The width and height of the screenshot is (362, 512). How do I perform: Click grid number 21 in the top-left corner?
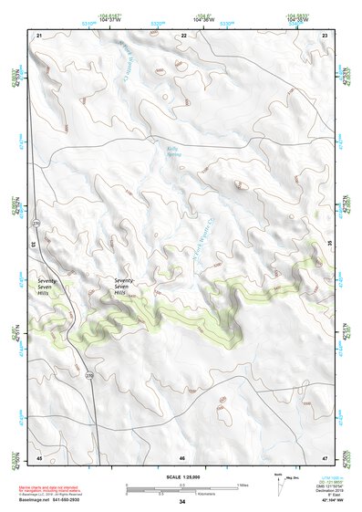39,34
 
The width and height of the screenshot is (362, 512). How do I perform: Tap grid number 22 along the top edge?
183,34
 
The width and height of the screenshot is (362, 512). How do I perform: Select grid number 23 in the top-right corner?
325,34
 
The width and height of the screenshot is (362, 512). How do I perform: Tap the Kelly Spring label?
174,152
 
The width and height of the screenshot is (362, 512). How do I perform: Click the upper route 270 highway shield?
36,223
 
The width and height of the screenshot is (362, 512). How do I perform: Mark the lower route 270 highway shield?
89,375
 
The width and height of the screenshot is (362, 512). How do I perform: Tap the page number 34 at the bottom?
181,503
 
